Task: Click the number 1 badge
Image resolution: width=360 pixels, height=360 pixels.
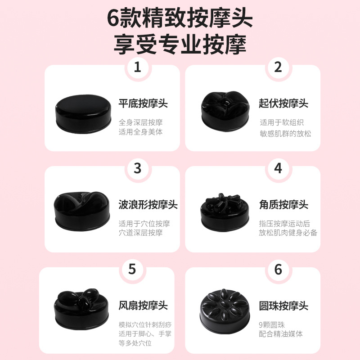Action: [x=138, y=67]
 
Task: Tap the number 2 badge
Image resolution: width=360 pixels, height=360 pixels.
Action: [x=278, y=67]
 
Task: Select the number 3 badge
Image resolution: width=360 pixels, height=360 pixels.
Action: [x=138, y=168]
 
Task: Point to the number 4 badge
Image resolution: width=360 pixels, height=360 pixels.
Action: [x=278, y=168]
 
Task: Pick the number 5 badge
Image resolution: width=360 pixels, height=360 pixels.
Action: [x=132, y=269]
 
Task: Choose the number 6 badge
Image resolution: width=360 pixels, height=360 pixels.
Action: [x=278, y=269]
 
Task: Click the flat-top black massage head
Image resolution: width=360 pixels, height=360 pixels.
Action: [x=83, y=113]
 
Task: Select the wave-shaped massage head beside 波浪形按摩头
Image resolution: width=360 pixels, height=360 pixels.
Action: [x=82, y=211]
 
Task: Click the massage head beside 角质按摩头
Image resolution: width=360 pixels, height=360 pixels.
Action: [x=225, y=212]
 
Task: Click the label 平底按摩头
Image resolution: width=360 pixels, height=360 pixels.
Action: [x=143, y=103]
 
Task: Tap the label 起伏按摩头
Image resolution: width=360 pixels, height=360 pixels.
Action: [x=283, y=103]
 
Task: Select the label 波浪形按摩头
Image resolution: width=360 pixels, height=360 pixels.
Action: [x=148, y=205]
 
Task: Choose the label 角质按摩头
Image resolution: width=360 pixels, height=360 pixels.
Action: [x=283, y=205]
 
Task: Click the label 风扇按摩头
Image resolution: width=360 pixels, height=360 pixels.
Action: [x=143, y=306]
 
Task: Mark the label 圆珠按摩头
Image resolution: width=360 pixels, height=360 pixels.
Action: [x=283, y=306]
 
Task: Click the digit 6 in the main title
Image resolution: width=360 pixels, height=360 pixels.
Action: [x=113, y=18]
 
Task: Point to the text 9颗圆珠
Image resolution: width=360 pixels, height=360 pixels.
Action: [x=272, y=325]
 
